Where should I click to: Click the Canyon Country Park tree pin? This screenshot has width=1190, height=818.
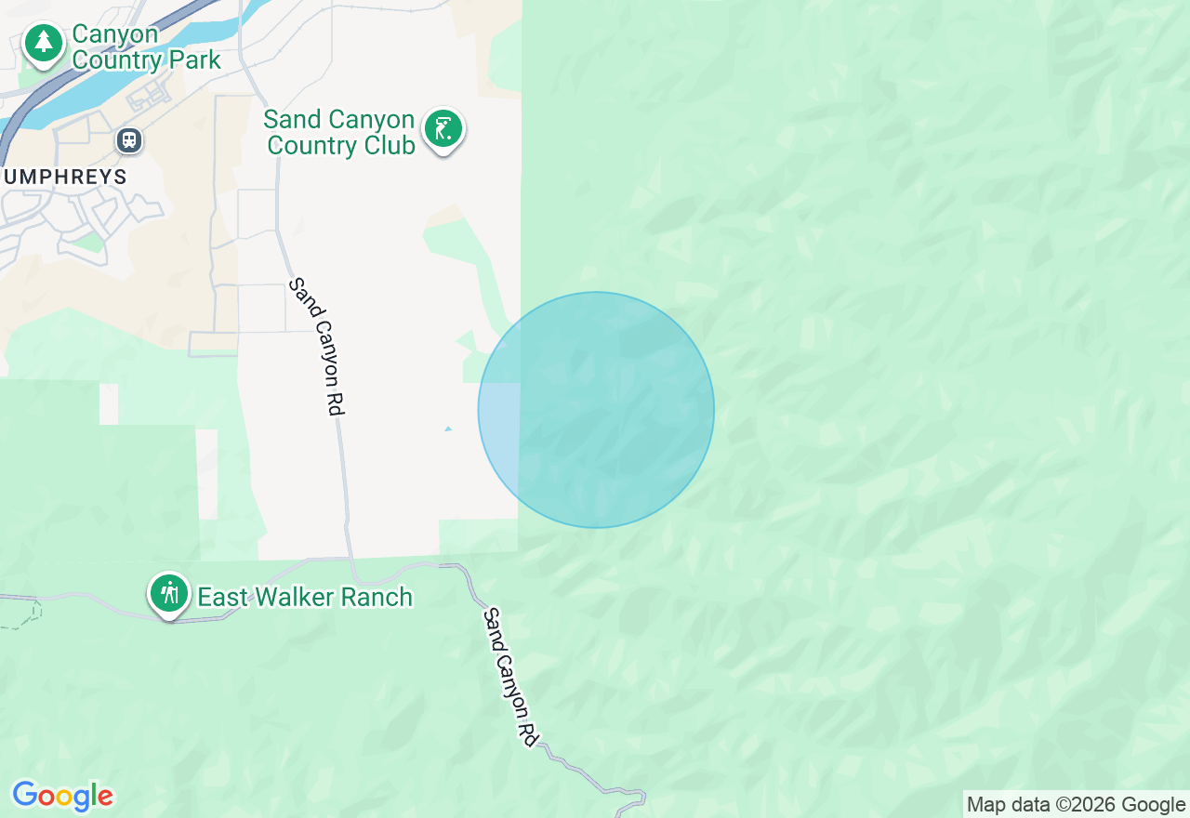[43, 43]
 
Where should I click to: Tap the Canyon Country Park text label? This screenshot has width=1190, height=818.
[146, 47]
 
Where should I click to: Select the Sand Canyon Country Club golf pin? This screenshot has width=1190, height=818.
[443, 129]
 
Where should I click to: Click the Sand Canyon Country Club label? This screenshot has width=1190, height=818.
[339, 133]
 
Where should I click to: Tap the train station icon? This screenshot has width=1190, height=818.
[128, 140]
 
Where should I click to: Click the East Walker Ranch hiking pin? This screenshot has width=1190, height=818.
[168, 592]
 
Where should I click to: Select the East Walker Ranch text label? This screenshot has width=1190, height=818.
[305, 597]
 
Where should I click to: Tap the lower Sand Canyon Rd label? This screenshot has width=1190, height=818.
[511, 676]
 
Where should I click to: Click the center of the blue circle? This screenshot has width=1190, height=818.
[596, 410]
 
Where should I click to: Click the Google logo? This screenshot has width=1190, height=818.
[62, 797]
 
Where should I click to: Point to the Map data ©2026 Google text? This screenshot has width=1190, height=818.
[1076, 805]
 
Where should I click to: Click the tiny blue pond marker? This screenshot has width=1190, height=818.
[448, 429]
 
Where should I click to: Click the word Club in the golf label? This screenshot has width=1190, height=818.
[390, 146]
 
